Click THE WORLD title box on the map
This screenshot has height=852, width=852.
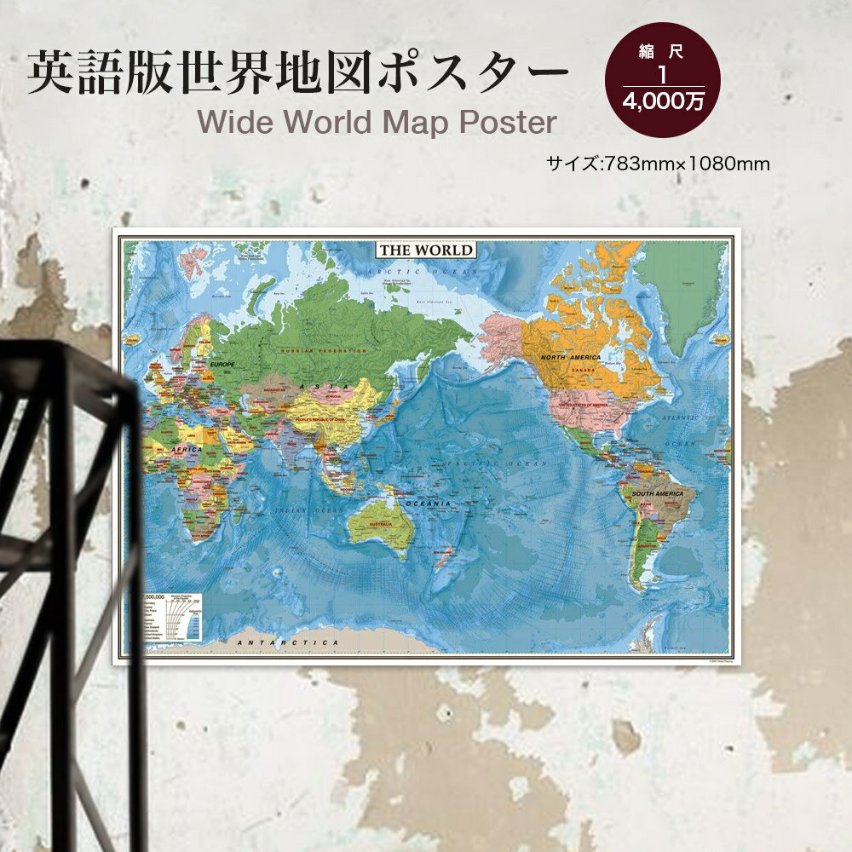426,250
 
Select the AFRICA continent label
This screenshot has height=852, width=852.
187,449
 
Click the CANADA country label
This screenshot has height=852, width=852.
583,371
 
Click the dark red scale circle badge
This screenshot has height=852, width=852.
662,79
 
